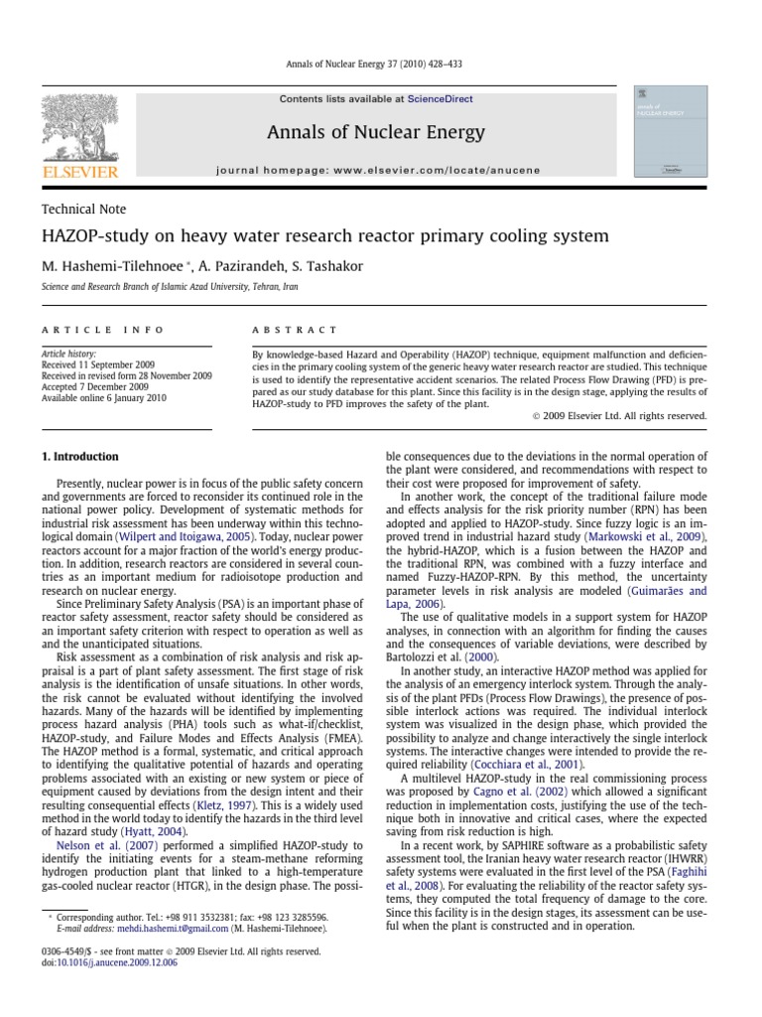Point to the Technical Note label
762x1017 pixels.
click(x=83, y=209)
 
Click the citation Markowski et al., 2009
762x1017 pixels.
click(x=647, y=537)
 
